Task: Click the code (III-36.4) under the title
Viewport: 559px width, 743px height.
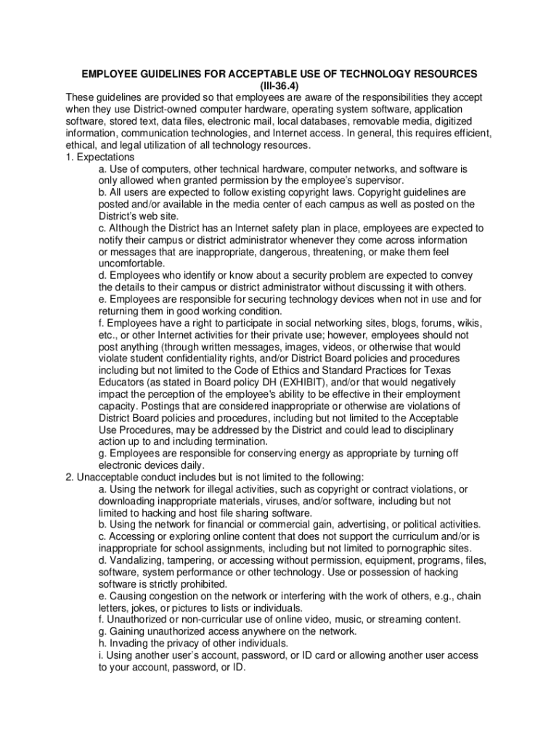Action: [x=279, y=86]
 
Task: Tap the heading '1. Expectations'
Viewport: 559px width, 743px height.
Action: [x=99, y=157]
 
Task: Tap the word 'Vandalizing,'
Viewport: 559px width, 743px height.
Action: [x=141, y=560]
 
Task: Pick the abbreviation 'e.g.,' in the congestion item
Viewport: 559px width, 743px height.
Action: [x=441, y=596]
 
